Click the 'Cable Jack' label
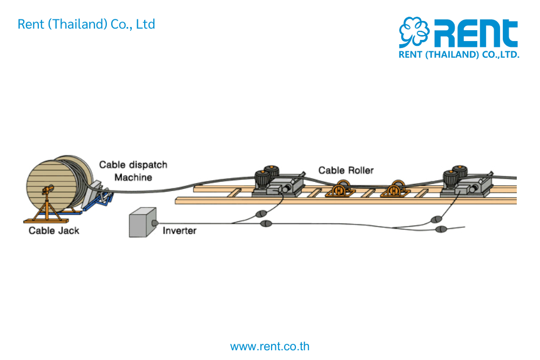[53, 230]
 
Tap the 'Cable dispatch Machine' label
[133, 171]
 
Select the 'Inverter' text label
[179, 230]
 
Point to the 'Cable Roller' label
[346, 170]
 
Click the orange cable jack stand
[48, 208]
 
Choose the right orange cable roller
[396, 188]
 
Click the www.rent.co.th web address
[270, 346]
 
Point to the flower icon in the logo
[414, 32]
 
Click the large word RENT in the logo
[476, 33]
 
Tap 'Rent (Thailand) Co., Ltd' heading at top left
[86, 24]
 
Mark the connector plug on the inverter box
[156, 222]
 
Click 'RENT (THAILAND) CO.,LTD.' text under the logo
[458, 55]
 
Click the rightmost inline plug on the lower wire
[441, 229]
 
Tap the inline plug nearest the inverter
[266, 223]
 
